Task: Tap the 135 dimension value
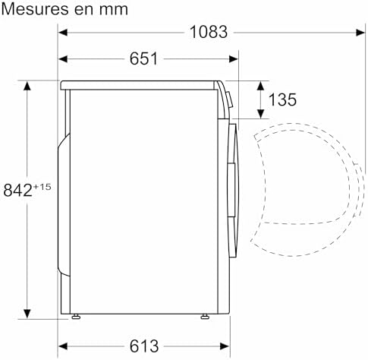coord(282,99)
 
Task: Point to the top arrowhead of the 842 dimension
coord(28,84)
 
